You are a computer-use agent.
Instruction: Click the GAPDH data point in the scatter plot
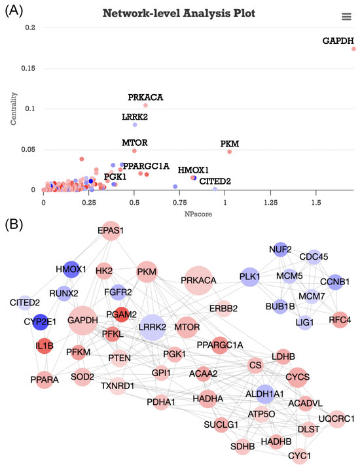pyautogui.click(x=353, y=48)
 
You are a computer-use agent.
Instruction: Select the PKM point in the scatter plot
pyautogui.click(x=230, y=152)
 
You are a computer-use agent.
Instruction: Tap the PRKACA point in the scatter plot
pyautogui.click(x=145, y=105)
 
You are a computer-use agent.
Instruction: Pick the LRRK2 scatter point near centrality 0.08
pyautogui.click(x=135, y=124)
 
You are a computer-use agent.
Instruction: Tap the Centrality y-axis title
pyautogui.click(x=14, y=109)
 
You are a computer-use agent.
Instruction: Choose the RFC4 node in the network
pyautogui.click(x=340, y=319)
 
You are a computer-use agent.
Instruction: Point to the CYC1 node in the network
pyautogui.click(x=301, y=453)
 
